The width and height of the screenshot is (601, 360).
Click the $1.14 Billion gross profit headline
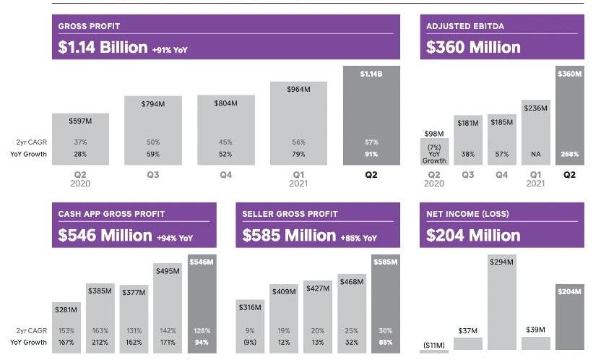point(103,48)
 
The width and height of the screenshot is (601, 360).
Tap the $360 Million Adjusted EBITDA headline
point(473,48)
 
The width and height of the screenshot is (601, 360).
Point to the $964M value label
point(298,90)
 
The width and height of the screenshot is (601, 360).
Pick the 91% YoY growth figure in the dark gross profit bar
point(371,154)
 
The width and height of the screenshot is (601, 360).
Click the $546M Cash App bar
point(202,304)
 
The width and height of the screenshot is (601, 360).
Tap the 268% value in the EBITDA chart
point(569,154)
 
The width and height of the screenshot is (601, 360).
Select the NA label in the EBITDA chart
point(535,154)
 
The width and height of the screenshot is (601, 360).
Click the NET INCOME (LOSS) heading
point(467,214)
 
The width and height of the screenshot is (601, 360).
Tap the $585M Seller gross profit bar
point(385,304)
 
